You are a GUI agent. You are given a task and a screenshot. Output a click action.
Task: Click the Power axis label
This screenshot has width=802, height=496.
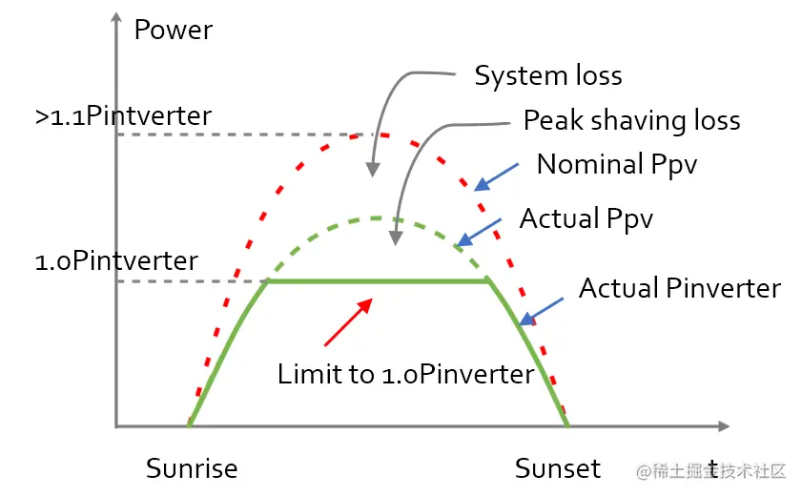click(173, 30)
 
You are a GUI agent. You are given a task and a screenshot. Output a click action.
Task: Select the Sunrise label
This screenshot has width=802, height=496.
click(192, 468)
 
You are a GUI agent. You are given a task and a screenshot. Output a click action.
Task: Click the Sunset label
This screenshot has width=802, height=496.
click(558, 468)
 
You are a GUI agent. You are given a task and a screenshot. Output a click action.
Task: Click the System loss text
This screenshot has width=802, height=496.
click(548, 75)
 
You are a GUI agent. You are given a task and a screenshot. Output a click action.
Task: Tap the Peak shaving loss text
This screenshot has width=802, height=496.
click(631, 120)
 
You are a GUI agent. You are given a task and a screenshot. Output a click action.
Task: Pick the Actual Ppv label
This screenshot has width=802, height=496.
click(586, 218)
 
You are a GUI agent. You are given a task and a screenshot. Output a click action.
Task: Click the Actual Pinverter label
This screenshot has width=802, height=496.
click(680, 287)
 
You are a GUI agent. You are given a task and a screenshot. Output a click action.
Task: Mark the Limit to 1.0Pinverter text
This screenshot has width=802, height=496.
click(405, 374)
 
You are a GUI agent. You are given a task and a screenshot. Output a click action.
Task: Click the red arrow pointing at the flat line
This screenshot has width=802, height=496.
click(347, 321)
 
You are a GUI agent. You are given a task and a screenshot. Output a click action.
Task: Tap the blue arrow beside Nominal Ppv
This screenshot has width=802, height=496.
click(498, 175)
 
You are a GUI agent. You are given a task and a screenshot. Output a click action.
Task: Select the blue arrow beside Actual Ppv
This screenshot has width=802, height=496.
click(480, 230)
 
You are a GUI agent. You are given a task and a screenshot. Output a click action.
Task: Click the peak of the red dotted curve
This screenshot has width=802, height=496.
click(358, 134)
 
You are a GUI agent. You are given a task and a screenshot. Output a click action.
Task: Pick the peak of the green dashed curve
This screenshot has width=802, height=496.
click(378, 218)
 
